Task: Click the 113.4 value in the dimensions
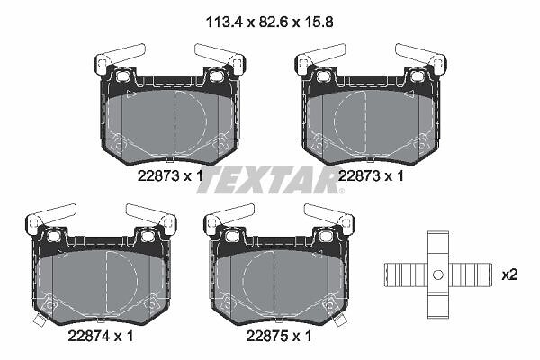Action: click(224, 22)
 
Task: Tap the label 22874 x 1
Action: click(101, 337)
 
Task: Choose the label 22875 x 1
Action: click(279, 337)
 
